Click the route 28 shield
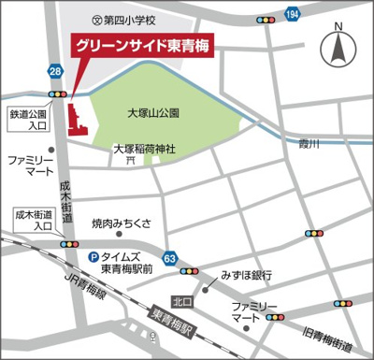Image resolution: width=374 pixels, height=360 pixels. coord(56,72)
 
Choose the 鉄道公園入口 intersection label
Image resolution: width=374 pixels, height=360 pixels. coord(28,119)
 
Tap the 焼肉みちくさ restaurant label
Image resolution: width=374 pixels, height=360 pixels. coord(127,225)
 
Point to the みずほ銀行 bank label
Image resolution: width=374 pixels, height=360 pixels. coord(246,276)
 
